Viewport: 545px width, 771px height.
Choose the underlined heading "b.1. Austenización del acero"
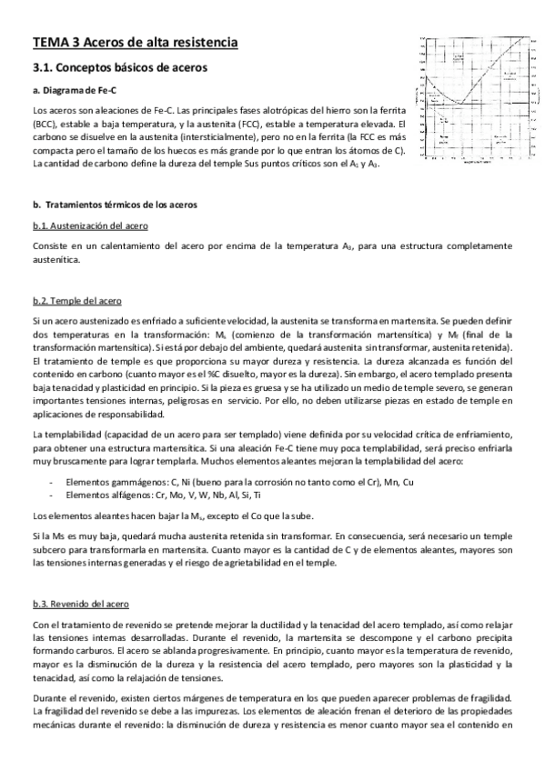click(90, 225)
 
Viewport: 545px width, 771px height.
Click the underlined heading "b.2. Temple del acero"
click(76, 300)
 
